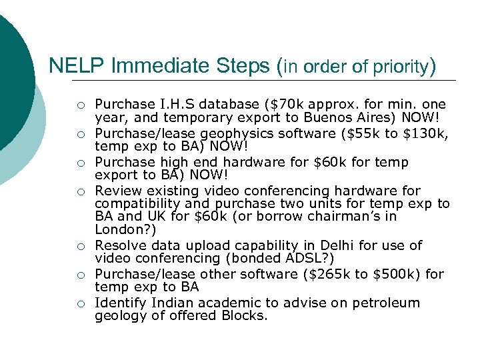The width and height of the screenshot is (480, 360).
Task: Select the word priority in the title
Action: click(403, 67)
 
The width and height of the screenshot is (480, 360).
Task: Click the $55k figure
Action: click(363, 133)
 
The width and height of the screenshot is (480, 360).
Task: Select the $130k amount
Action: click(427, 133)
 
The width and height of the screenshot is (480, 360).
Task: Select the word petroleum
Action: click(386, 303)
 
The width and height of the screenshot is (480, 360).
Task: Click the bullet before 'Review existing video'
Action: click(80, 191)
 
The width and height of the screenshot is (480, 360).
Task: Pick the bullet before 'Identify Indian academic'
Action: click(80, 304)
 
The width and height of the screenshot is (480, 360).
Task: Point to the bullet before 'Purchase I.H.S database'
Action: click(80, 105)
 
